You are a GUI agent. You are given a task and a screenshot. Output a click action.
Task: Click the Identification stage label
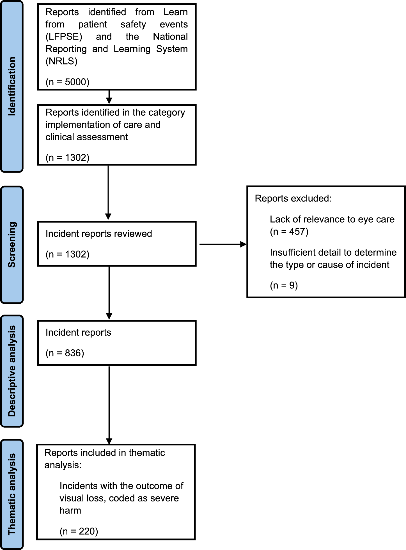coord(12,86)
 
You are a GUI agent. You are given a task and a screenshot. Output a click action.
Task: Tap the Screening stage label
coord(12,245)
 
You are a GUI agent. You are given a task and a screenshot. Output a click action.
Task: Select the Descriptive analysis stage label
coord(12,371)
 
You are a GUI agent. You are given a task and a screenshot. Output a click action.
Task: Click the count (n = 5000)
coord(68,82)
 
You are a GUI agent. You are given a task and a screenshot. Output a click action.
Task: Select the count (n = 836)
coord(65,353)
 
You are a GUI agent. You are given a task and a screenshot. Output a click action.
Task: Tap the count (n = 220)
coord(79,531)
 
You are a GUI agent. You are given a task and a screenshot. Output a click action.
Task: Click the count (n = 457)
coord(289,232)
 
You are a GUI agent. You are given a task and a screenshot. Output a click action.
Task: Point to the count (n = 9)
coord(284,285)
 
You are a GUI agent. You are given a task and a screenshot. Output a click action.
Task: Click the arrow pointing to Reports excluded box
coord(223,244)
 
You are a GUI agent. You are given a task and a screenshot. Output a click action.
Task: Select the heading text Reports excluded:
coord(293,198)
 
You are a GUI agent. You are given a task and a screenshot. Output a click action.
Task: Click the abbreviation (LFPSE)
coord(64,37)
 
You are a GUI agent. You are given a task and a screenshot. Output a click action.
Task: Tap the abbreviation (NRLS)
coord(61,61)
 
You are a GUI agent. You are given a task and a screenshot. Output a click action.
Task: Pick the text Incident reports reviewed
coord(99,233)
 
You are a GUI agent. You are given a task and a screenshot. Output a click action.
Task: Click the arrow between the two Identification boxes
coord(109,97)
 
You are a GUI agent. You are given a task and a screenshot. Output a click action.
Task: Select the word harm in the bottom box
coord(70,510)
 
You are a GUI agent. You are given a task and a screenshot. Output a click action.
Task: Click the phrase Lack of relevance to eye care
coord(332,219)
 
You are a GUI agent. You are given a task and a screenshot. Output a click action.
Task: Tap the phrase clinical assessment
coord(86,137)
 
